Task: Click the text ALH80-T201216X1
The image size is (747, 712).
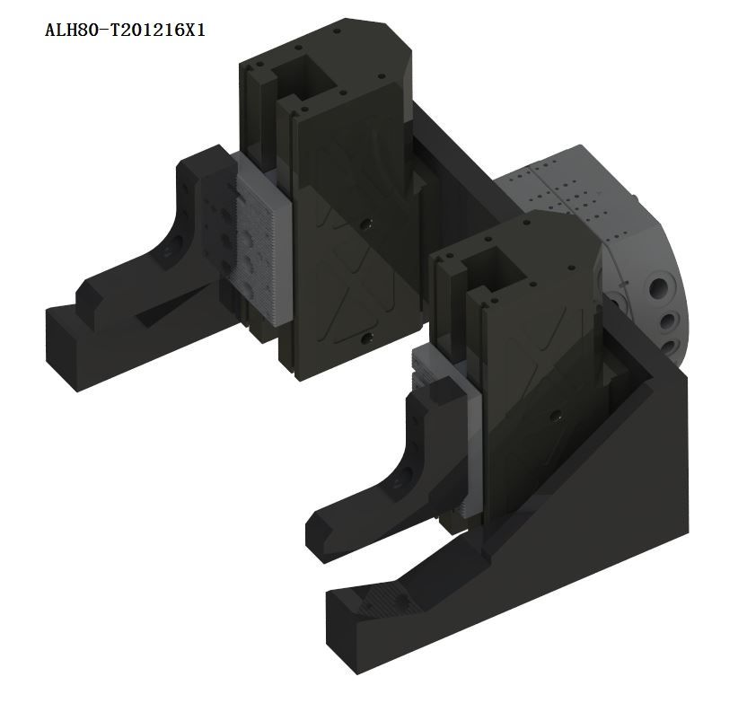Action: tap(125, 31)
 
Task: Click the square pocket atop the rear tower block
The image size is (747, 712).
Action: tap(304, 75)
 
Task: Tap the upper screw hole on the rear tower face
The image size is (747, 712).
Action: tap(366, 224)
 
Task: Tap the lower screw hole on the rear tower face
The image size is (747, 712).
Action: tap(366, 338)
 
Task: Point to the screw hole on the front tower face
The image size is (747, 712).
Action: tap(554, 416)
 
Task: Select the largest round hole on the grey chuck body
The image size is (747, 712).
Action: tap(660, 287)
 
